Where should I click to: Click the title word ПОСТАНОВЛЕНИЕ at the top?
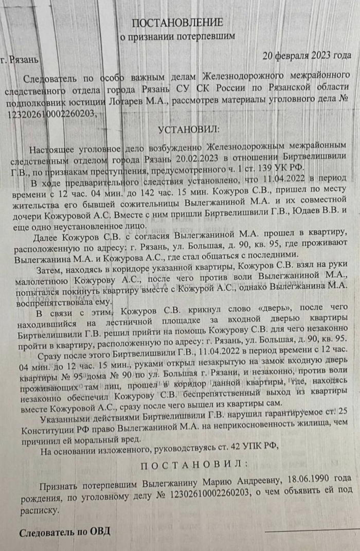click(177, 23)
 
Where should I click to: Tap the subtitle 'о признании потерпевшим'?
click(177, 37)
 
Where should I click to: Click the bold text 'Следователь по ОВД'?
click(65, 531)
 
